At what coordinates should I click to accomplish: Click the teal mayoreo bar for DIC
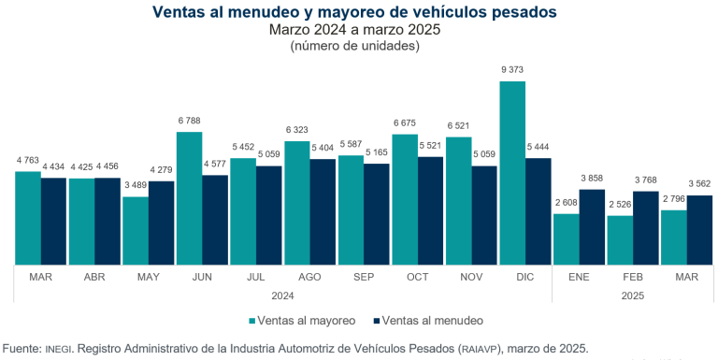[512, 172]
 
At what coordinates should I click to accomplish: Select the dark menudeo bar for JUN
[215, 219]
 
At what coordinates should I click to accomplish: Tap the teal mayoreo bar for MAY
[136, 230]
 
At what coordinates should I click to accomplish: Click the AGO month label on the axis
[310, 278]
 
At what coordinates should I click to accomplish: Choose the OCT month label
[418, 278]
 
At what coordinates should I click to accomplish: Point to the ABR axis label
[94, 278]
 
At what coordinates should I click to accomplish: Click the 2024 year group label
[283, 295]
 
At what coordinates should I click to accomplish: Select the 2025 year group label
[633, 295]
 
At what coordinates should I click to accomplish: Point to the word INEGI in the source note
[58, 349]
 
